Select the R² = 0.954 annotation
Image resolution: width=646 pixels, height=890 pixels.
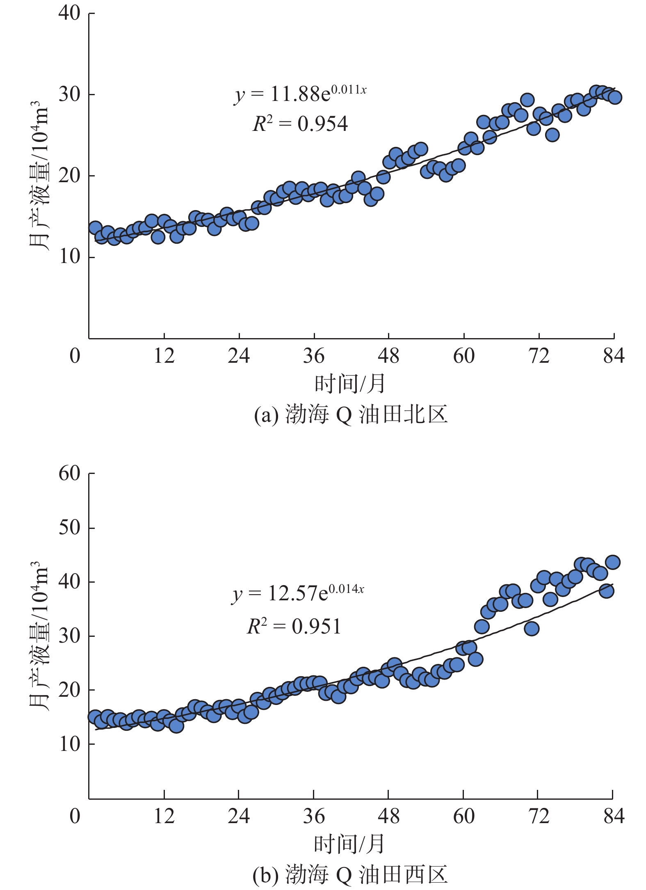coord(300,124)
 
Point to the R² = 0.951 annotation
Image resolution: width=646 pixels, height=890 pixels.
coord(294,627)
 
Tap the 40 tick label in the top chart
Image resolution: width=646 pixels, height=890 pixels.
coord(69,13)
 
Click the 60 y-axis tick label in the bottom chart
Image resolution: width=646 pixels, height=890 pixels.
coord(69,474)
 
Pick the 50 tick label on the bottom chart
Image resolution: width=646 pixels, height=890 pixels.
coord(69,528)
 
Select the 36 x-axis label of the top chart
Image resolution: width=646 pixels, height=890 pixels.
coord(314,356)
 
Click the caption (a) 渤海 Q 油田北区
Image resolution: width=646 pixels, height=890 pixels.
coord(351,414)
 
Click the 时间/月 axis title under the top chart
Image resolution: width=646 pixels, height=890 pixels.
coord(350,384)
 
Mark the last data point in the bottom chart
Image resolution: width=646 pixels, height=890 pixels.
coord(613,562)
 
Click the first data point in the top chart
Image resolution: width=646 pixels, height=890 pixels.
coord(95,228)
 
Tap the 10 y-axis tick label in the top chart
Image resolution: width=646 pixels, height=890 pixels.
coord(69,257)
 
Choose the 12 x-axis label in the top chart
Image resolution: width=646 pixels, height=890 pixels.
coord(164,356)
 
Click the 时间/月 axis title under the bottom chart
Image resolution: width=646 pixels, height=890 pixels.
coord(350,844)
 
